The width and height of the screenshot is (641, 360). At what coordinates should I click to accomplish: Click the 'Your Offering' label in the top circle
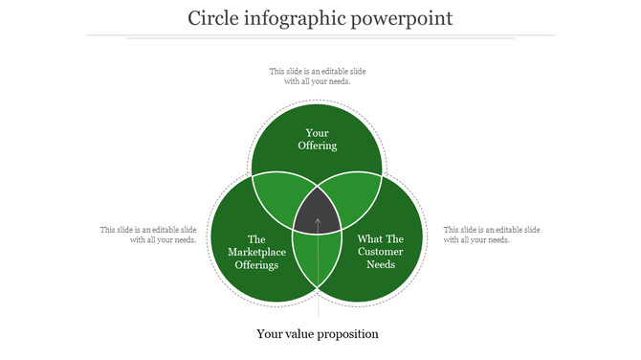tap(318, 139)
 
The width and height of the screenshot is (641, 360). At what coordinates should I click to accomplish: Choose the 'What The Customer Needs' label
tap(381, 252)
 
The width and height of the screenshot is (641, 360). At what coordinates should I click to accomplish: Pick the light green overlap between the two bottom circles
tap(318, 259)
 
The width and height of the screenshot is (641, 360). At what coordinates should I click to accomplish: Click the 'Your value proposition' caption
tap(318, 334)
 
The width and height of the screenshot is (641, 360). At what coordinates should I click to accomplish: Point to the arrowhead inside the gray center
tap(318, 221)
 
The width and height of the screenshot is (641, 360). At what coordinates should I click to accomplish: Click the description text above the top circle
tap(318, 76)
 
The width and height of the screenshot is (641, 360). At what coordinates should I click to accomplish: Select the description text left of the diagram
tap(149, 235)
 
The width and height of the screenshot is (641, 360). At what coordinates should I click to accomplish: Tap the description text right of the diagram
tap(491, 235)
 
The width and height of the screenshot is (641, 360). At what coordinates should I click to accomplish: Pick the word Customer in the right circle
tap(381, 252)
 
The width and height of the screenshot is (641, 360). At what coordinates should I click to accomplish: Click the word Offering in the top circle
tap(318, 146)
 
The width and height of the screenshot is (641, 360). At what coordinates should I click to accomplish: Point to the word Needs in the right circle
tap(381, 264)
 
